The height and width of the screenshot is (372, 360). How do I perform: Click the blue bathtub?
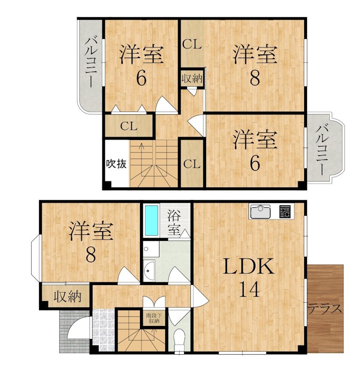click(151, 221)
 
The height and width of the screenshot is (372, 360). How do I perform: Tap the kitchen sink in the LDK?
click(261, 212)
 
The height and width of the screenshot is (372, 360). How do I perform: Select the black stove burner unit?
click(285, 212)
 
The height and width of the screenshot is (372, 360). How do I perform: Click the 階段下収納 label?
click(154, 318)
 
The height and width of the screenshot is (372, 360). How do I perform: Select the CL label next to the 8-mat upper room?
click(192, 45)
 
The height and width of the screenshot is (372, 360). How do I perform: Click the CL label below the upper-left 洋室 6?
click(128, 126)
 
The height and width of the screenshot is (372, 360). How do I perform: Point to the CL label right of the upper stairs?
click(192, 164)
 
